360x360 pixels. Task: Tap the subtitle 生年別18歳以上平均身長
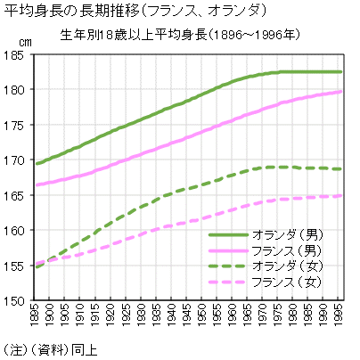(x=157, y=36)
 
